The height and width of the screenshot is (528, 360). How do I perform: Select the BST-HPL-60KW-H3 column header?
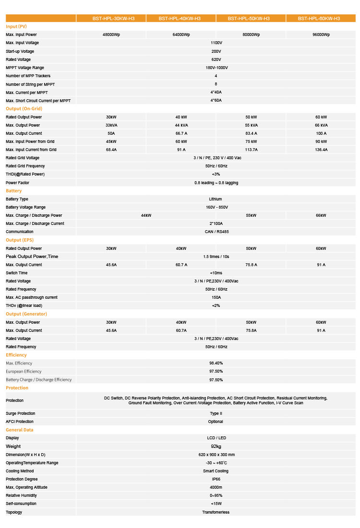coord(319,18)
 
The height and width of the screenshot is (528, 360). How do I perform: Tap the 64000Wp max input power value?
coord(181,35)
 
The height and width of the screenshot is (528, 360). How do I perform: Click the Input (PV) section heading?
coord(17,26)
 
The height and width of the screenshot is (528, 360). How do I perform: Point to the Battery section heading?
coord(13,191)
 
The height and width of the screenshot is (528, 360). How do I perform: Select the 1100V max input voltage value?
coord(216,43)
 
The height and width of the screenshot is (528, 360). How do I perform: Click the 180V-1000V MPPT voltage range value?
coord(216,68)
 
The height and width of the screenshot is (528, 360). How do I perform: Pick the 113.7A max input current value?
coord(251,150)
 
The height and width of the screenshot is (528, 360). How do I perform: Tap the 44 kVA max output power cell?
coord(181,125)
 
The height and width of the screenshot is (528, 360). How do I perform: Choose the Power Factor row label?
coord(17,183)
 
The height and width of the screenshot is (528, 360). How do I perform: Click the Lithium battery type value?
coord(216,199)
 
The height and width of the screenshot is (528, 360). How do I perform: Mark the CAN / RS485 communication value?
coord(216,232)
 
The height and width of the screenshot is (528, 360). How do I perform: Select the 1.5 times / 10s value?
coord(216,257)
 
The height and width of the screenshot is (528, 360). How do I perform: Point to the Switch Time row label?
coord(16,273)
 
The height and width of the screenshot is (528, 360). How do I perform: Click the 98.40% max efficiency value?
coord(216,363)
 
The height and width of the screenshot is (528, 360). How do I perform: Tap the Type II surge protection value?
coord(216,413)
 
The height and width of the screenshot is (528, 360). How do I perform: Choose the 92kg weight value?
coord(216,446)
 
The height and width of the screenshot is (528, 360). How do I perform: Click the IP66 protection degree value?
coord(216,479)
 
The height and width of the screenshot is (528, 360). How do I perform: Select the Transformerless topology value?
coord(216,512)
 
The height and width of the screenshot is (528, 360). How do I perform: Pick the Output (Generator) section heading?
coord(26,314)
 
